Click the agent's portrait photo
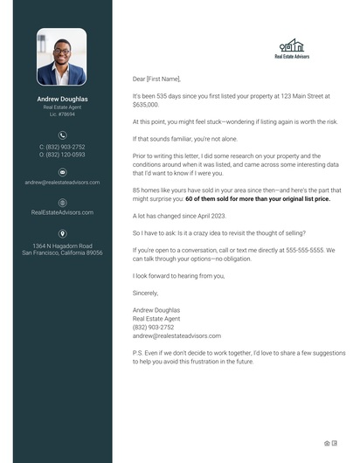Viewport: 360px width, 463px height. pyautogui.click(x=61, y=57)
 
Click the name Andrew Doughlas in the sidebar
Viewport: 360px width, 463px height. pyautogui.click(x=61, y=99)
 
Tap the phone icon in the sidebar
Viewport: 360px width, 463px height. pyautogui.click(x=62, y=135)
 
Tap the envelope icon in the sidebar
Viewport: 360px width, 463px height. pyautogui.click(x=62, y=173)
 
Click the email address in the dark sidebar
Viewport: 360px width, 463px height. pyautogui.click(x=62, y=183)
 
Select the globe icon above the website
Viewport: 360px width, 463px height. pyautogui.click(x=62, y=203)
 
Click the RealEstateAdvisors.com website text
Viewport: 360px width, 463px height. pyautogui.click(x=62, y=212)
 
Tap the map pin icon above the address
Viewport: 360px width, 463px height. pyautogui.click(x=62, y=233)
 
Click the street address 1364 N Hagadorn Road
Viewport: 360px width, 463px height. pyautogui.click(x=62, y=245)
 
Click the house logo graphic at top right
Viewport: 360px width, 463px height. pyautogui.click(x=291, y=45)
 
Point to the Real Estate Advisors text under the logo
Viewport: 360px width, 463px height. pyautogui.click(x=291, y=57)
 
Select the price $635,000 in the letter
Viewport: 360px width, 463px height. pyautogui.click(x=146, y=104)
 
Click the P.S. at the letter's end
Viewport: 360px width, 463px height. pyautogui.click(x=137, y=354)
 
